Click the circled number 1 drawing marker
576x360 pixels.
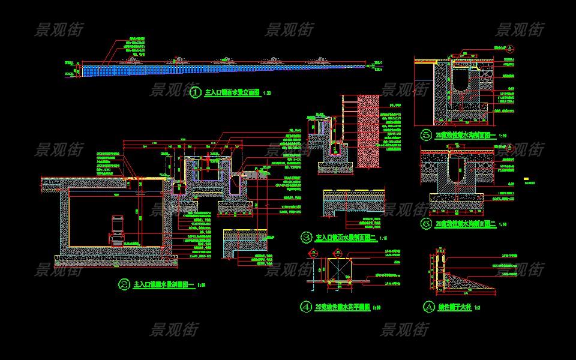click(196, 93)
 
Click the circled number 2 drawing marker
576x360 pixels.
click(125, 284)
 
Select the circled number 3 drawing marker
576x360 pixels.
click(307, 238)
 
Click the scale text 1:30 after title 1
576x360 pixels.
click(268, 94)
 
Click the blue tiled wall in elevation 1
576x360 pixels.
click(222, 70)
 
